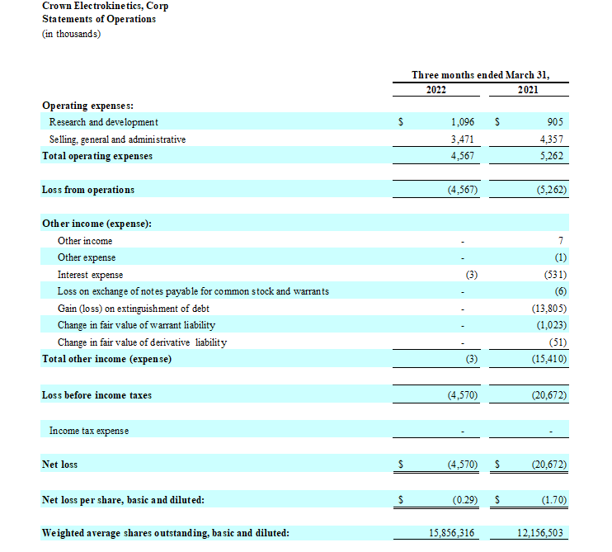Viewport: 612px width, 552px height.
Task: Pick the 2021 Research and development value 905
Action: point(555,121)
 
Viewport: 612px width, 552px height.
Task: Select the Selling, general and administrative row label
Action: point(117,139)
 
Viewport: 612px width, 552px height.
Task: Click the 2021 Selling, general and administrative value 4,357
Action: point(550,139)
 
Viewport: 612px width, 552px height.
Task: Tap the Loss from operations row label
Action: point(88,190)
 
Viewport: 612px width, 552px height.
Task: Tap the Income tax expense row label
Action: point(89,431)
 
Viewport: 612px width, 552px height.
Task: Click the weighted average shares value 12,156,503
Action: point(540,533)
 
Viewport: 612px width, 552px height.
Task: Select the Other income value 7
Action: point(561,241)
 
